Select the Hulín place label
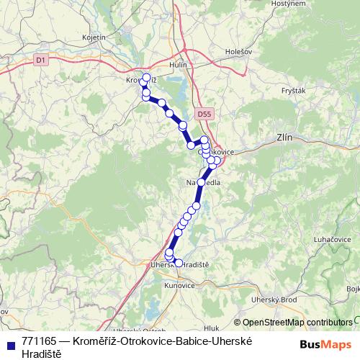(177, 65)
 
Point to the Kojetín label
(94, 37)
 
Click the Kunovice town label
(180, 285)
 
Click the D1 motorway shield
(40, 60)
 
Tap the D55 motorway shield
(204, 114)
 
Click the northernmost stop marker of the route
(146, 78)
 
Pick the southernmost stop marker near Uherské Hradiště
(179, 263)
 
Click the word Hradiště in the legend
(42, 354)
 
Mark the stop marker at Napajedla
(201, 182)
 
